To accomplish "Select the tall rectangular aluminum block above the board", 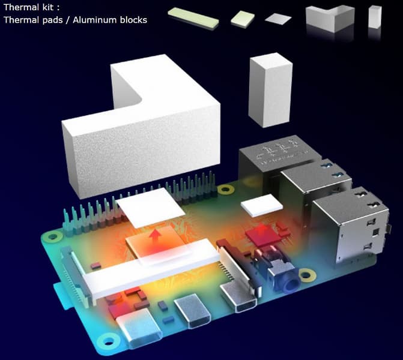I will click(x=270, y=89).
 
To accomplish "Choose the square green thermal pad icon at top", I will click(x=243, y=19).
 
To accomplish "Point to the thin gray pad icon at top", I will click(x=277, y=19).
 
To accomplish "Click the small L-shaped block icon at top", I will click(x=329, y=17).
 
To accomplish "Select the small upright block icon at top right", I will click(x=375, y=17).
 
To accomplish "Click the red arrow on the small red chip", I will click(x=262, y=229).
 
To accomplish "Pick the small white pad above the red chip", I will click(x=261, y=205).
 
